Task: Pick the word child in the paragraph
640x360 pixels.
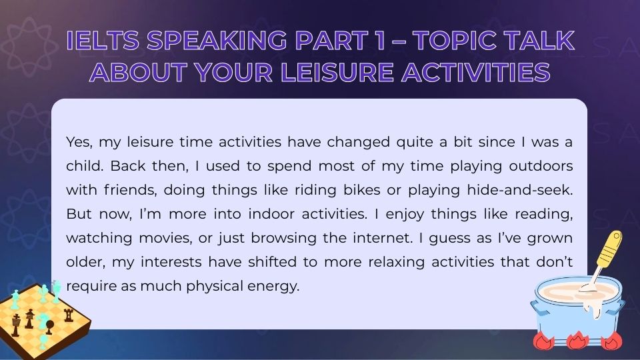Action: click(83, 165)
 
